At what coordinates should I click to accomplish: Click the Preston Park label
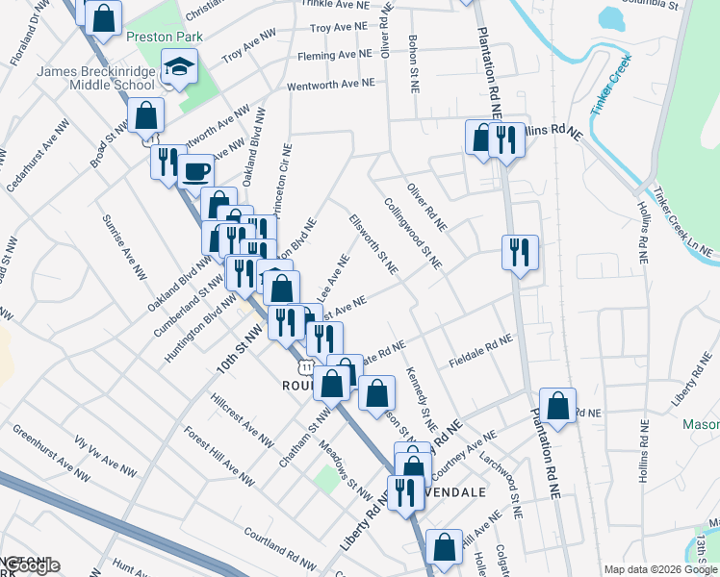155,36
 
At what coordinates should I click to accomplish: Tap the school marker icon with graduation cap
179,67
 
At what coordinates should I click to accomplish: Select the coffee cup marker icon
196,171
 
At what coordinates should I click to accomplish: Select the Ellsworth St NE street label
373,244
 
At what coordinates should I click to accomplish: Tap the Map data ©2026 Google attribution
660,569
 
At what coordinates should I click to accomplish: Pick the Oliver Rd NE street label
426,207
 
